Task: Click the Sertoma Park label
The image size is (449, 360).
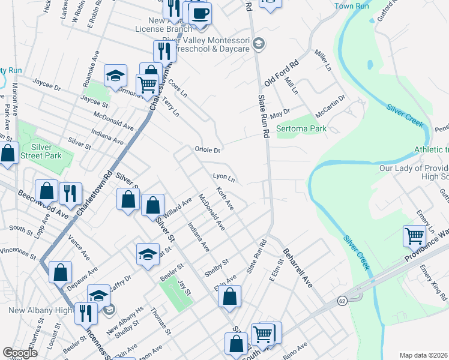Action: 301,128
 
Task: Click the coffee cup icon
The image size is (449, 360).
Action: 200,13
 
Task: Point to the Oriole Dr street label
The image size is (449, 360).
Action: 208,149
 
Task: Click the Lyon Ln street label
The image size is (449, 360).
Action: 223,178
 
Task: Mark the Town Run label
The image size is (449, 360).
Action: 351,6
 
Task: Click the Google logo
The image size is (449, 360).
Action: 20,353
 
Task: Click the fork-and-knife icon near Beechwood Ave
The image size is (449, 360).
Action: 70,193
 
